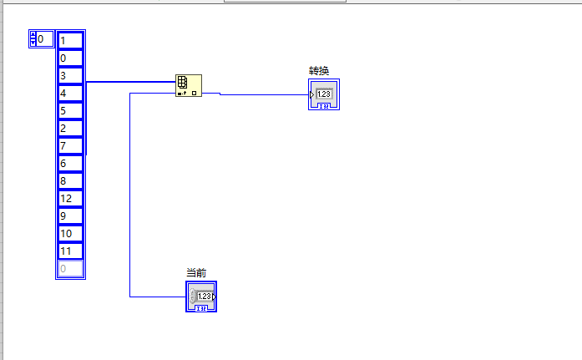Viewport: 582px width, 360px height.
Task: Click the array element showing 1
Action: tap(70, 40)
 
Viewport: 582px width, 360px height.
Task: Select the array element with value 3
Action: tap(70, 76)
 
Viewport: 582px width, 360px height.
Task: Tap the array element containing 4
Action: tap(70, 94)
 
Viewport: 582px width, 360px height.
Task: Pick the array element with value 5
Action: tap(70, 111)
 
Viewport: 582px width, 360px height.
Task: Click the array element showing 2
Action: tap(70, 129)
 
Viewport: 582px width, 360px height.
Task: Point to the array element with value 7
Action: tap(70, 146)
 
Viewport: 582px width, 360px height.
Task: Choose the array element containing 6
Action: tap(70, 164)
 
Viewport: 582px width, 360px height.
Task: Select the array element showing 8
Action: tap(70, 181)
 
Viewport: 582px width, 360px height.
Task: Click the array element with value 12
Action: tap(70, 199)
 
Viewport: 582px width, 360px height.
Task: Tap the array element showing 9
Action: tap(70, 216)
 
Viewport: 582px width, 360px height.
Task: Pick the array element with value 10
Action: tap(70, 234)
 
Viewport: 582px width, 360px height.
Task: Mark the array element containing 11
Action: tap(70, 251)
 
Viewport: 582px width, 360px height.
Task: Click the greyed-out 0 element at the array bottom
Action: tap(70, 269)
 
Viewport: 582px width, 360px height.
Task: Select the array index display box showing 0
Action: tap(45, 39)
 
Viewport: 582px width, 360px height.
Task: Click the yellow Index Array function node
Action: tap(188, 85)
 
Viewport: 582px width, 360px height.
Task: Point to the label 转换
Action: tap(319, 71)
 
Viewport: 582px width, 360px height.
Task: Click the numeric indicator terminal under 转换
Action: tap(323, 95)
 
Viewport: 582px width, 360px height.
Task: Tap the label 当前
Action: tap(196, 273)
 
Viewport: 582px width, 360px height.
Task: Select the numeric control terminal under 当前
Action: tap(201, 297)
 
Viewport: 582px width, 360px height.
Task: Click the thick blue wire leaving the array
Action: tap(129, 82)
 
